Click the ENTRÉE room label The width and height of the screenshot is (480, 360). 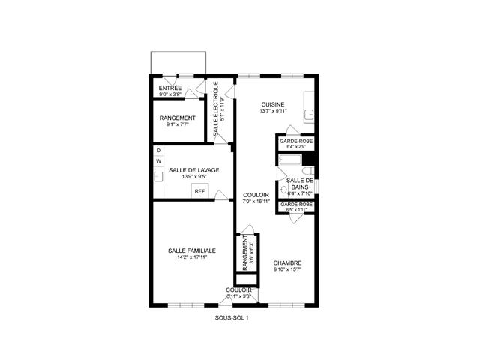[170, 88]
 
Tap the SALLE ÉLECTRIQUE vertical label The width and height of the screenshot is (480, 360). [216, 108]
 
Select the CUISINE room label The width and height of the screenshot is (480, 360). [273, 104]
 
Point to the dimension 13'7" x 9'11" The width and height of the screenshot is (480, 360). [273, 111]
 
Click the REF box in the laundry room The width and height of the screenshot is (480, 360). [199, 191]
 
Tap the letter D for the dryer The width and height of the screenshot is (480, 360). [158, 151]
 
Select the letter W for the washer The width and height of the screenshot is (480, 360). [158, 162]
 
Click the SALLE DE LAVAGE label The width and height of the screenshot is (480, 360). [193, 170]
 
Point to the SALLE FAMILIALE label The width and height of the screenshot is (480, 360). [192, 250]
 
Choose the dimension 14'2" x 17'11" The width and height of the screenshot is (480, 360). [192, 257]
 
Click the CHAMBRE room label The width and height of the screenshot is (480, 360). [286, 262]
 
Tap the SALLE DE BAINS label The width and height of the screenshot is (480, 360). [299, 184]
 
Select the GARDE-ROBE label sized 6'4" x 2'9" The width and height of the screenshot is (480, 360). [295, 141]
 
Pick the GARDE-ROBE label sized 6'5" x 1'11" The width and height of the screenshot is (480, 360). [296, 204]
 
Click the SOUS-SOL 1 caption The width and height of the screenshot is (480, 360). [231, 318]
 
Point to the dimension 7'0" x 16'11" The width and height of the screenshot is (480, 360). [256, 201]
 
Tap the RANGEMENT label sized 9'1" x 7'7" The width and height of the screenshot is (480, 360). [178, 118]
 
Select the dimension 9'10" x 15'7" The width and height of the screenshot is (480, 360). [286, 269]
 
